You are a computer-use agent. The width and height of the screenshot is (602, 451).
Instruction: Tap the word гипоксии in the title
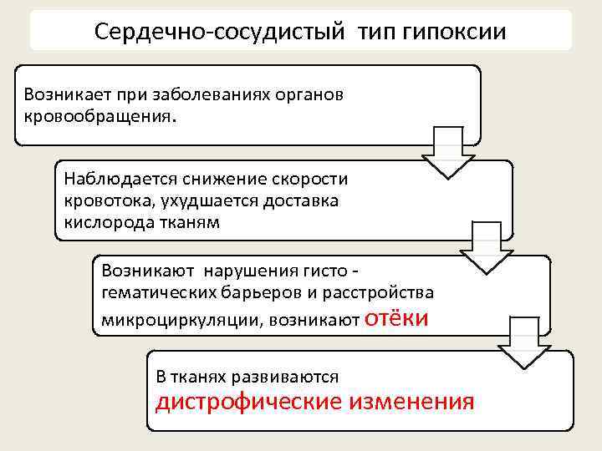click(456, 33)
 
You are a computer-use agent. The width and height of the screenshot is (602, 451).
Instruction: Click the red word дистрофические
click(249, 402)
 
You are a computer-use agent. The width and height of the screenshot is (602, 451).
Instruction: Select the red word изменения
click(411, 402)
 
